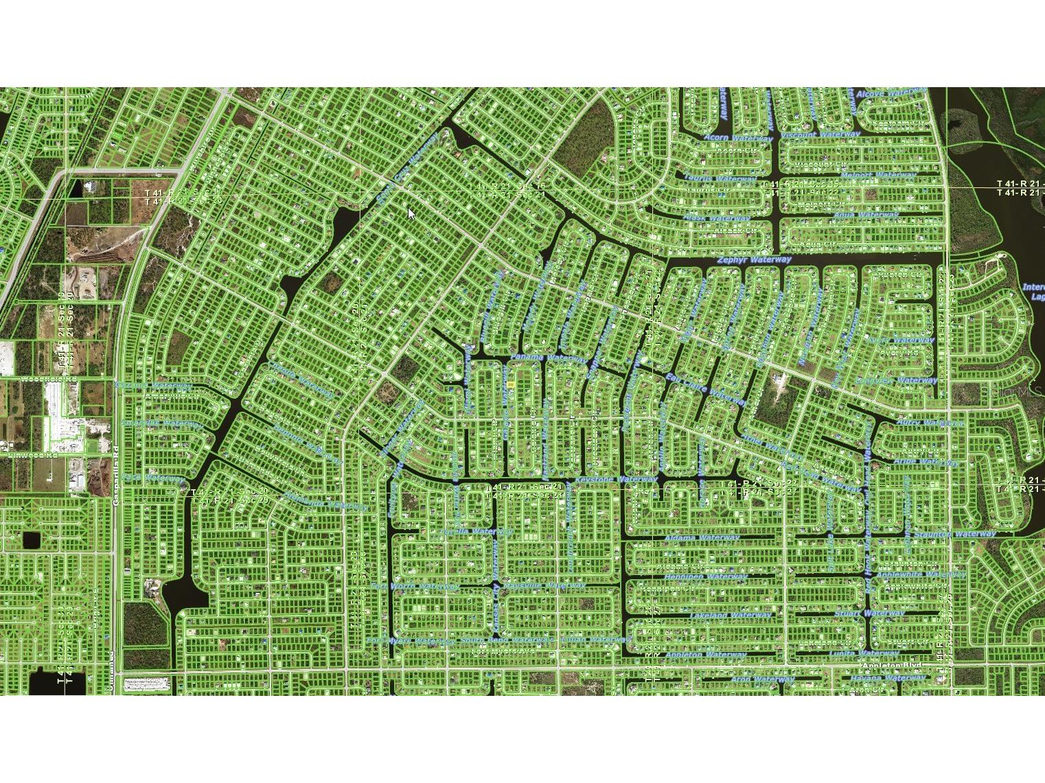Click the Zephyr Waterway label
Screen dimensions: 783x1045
tap(754, 261)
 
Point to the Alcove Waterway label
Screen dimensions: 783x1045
tap(891, 93)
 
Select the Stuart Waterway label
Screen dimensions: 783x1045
tap(869, 613)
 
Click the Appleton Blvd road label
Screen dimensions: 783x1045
tap(891, 666)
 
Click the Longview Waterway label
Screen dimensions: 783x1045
tap(896, 381)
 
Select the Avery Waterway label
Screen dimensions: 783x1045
tap(901, 340)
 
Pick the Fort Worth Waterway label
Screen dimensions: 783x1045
tap(415, 587)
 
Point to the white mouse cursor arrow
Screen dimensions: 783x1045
tap(411, 214)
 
